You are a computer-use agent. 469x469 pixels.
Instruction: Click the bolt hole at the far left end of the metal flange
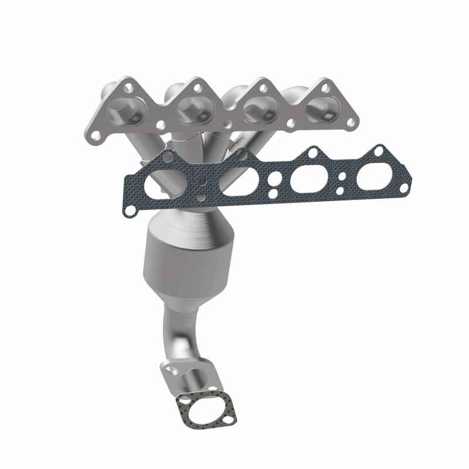(x=96, y=125)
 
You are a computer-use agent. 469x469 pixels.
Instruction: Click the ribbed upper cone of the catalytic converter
(x=187, y=226)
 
